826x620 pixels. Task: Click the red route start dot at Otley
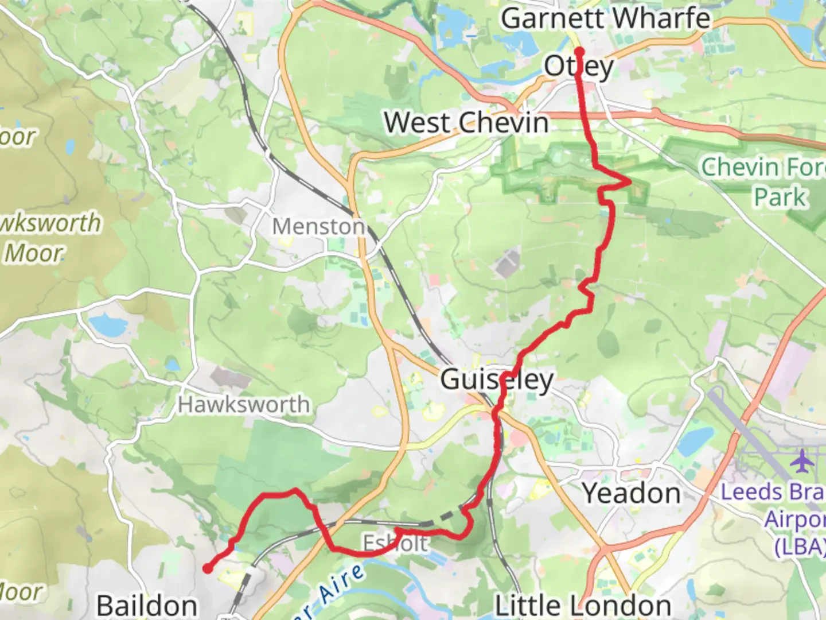[579, 51]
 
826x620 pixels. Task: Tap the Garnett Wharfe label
[605, 18]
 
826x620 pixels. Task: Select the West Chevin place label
[466, 123]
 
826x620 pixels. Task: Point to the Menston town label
[318, 227]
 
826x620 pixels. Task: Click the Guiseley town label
[496, 379]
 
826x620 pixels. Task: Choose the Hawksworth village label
[244, 405]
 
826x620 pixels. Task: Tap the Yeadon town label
[632, 493]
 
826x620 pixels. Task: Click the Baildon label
[147, 605]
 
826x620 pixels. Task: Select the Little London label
[583, 605]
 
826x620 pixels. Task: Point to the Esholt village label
[395, 543]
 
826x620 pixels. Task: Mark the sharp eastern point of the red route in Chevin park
[629, 182]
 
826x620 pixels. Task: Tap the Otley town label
[579, 67]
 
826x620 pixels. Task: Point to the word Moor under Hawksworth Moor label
[33, 253]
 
